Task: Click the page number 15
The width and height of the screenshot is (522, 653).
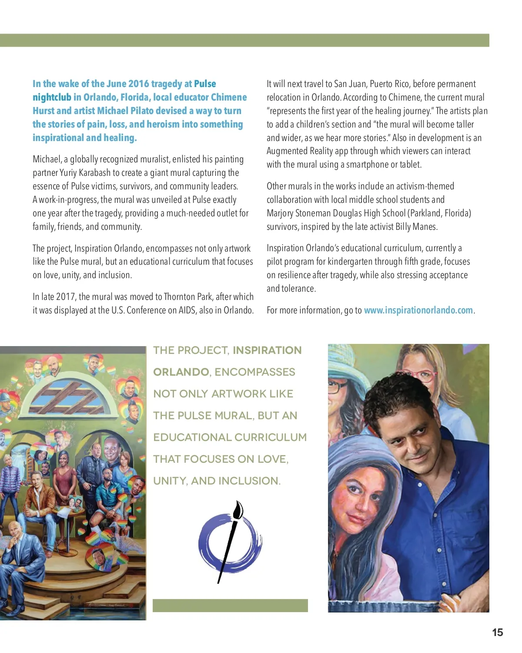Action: [x=497, y=633]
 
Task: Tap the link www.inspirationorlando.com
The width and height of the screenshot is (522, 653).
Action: [x=418, y=310]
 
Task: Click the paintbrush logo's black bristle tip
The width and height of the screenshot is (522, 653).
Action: [x=238, y=510]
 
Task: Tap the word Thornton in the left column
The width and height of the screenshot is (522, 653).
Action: [x=180, y=297]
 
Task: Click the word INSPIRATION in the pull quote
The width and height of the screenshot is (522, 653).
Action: [x=267, y=350]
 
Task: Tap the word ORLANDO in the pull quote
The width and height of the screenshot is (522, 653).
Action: [x=181, y=372]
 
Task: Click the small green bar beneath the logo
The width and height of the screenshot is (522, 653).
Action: [x=230, y=606]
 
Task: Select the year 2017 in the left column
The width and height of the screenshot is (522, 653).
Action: [x=65, y=297]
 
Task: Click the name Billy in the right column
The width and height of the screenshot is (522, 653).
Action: [x=403, y=227]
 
